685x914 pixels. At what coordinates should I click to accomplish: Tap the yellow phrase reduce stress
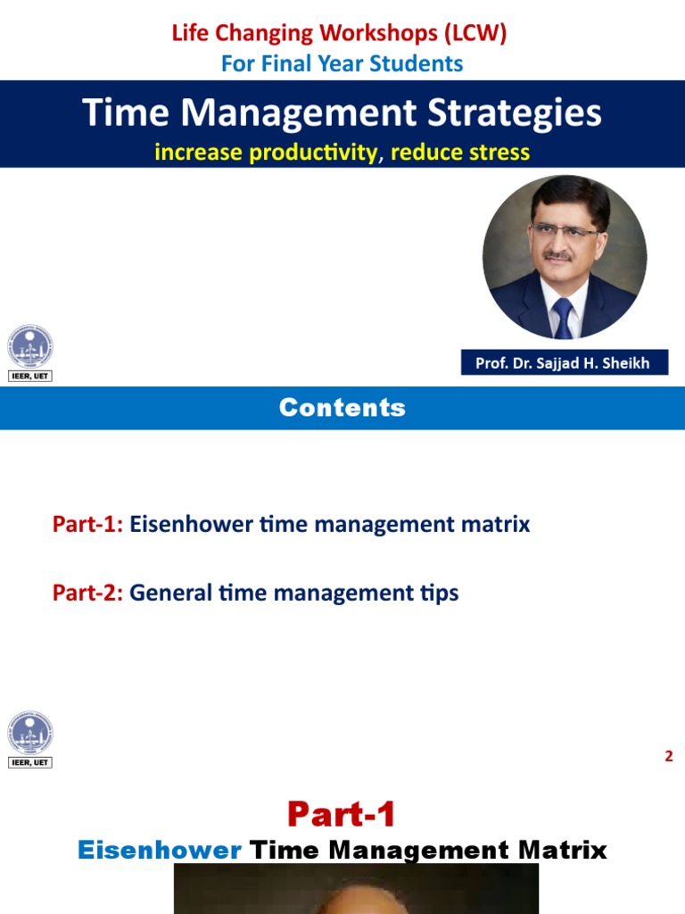tap(460, 153)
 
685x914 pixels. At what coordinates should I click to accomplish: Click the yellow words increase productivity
tap(266, 153)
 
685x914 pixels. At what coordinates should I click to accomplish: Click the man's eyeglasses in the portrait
tap(564, 230)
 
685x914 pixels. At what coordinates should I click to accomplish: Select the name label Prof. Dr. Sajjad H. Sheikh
tap(564, 362)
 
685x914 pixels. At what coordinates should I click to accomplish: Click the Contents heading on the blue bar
tap(342, 408)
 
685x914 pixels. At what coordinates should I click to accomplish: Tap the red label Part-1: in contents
tap(87, 524)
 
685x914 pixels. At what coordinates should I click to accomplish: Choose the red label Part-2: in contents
tap(87, 592)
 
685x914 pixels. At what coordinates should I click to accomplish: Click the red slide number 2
tap(668, 757)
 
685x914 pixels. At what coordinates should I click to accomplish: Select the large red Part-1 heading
tap(342, 814)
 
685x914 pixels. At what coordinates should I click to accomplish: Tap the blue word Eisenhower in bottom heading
tap(159, 850)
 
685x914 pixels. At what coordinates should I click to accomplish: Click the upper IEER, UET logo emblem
tap(30, 347)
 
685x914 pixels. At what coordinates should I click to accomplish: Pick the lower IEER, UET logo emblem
tap(30, 733)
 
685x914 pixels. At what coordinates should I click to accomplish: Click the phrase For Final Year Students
tap(342, 63)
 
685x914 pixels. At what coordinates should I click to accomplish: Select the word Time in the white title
tap(120, 113)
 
